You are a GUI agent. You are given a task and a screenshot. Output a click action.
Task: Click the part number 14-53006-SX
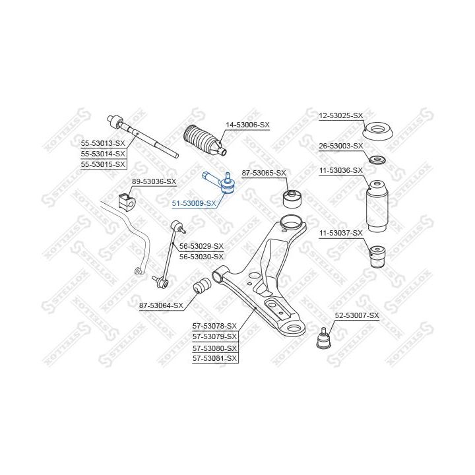[x=247, y=125]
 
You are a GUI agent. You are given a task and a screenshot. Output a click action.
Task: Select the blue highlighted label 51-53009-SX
[x=194, y=203]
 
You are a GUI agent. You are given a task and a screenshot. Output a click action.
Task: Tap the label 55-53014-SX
[x=103, y=154]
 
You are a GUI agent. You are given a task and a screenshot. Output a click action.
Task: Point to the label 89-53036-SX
[x=154, y=181]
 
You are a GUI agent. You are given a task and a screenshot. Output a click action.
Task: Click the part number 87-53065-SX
[x=264, y=173]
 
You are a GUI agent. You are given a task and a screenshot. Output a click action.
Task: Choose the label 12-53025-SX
[x=341, y=115]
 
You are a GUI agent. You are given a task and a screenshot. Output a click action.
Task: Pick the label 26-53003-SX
[x=341, y=146]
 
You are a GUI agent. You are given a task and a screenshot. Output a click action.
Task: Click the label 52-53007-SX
[x=357, y=315]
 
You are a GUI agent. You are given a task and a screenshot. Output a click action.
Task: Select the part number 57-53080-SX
[x=214, y=348]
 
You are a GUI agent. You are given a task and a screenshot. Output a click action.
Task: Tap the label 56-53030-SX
[x=201, y=257]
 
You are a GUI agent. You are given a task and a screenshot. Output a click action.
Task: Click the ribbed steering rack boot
[x=205, y=141]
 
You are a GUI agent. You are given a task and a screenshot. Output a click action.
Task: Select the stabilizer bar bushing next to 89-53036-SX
[x=127, y=201]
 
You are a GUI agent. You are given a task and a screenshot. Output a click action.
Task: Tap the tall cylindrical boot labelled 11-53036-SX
[x=377, y=206]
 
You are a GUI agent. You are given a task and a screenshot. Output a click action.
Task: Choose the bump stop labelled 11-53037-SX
[x=378, y=257]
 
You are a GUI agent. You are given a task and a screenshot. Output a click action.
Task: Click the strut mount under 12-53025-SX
[x=379, y=131]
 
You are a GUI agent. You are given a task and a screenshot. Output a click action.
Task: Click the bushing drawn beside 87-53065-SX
[x=294, y=198]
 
